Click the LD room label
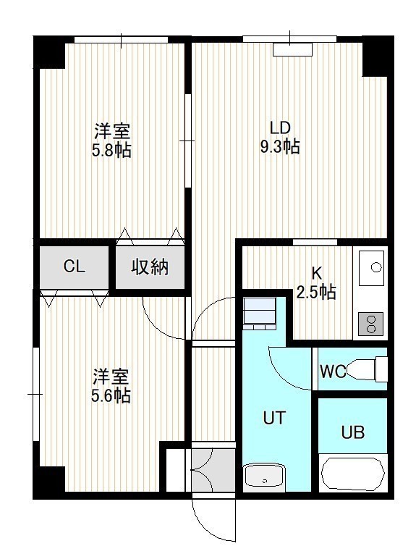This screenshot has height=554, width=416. (x=280, y=127)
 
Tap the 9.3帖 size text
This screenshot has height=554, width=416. (x=280, y=146)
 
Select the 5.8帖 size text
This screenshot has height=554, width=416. (x=111, y=151)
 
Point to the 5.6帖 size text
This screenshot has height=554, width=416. (x=111, y=396)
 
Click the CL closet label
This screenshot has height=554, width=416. (x=74, y=266)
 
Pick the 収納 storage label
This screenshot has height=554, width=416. (x=150, y=267)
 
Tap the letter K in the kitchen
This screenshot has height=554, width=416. (x=316, y=273)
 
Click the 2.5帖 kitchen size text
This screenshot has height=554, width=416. (x=316, y=292)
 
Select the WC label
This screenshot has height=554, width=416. (x=333, y=372)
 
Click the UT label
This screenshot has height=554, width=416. (x=274, y=418)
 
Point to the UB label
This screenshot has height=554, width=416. (x=353, y=432)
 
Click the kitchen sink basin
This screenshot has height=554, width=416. (x=371, y=268)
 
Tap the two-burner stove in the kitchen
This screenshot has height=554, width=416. (x=371, y=324)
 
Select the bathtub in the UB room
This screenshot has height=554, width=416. (x=354, y=475)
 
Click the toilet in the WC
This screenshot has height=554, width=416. (x=367, y=369)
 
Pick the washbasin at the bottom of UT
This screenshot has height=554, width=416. (x=264, y=476)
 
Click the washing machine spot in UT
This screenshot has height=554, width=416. (x=260, y=313)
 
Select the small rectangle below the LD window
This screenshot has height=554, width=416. (x=293, y=49)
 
